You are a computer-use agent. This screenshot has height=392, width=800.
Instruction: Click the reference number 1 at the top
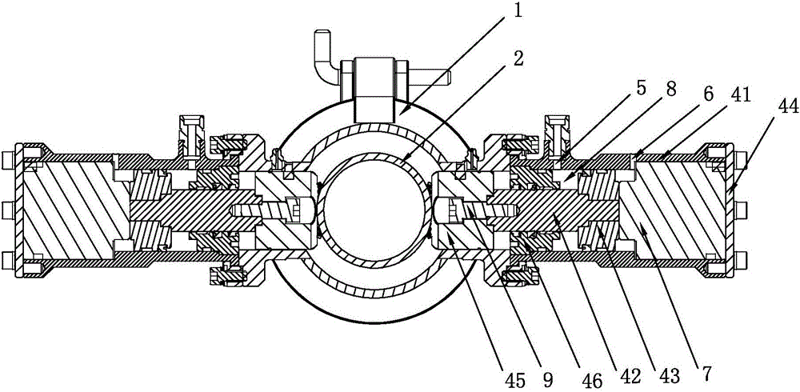(518, 12)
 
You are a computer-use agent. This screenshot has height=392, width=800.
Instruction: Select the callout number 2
(518, 60)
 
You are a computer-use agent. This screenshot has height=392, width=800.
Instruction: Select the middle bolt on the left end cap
(7, 210)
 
